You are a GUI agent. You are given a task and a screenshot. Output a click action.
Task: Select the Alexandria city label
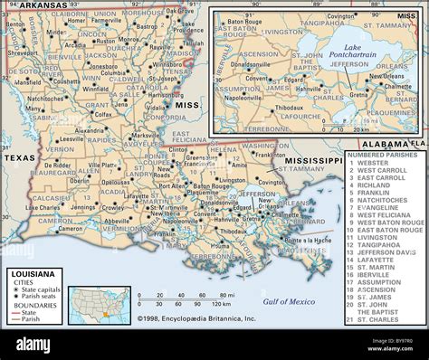(91, 130)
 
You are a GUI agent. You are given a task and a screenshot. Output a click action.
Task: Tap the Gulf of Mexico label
(289, 300)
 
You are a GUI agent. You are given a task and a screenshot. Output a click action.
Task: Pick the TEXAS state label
(19, 157)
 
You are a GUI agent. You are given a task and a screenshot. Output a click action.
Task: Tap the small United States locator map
(100, 305)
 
